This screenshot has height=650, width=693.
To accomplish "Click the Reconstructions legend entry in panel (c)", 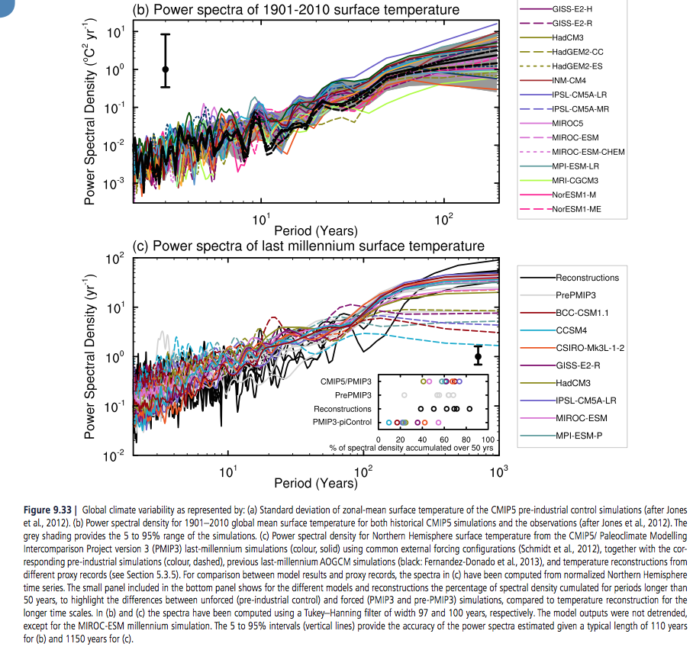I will pos(587,278).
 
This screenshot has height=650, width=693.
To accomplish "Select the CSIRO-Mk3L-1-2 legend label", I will pos(591,348).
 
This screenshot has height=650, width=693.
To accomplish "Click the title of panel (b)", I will pos(296,10).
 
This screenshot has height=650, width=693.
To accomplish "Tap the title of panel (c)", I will pos(308,246).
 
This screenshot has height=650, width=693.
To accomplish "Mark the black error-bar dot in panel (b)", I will pos(165,69).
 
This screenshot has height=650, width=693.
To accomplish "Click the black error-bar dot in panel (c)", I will pos(479,356).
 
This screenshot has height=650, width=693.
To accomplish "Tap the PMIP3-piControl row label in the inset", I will pos(343,422).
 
